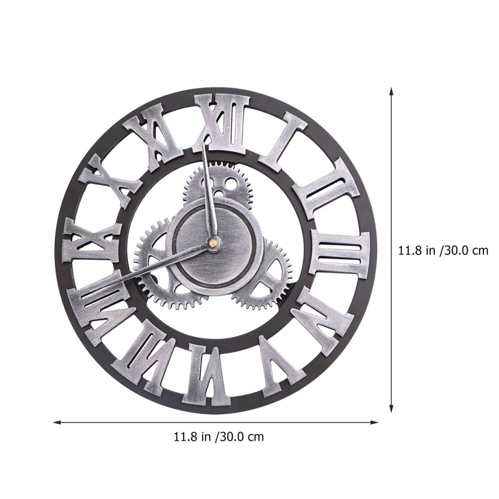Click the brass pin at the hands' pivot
coord(213,243)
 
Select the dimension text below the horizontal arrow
coord(218,438)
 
